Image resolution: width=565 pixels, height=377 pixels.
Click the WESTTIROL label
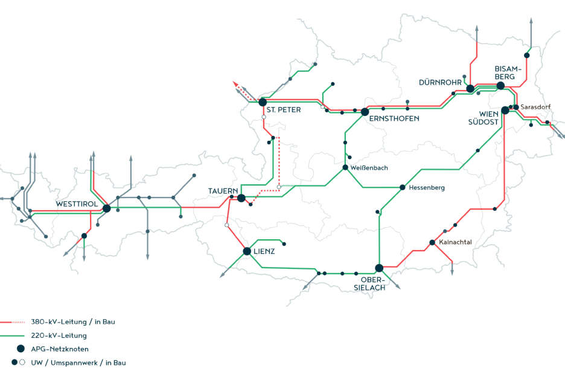[77, 204]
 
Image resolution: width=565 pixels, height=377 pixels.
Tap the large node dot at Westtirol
[106, 208]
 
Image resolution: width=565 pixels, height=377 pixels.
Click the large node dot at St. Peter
[263, 102]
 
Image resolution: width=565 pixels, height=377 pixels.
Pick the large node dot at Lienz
[247, 251]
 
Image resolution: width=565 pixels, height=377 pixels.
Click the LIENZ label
[264, 251]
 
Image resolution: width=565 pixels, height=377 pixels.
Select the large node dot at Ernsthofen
[365, 112]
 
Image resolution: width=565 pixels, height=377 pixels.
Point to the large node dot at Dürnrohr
[470, 89]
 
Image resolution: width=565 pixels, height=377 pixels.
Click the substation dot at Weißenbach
[345, 167]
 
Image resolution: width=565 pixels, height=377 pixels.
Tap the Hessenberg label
[426, 188]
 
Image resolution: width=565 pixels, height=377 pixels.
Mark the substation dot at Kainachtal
[432, 243]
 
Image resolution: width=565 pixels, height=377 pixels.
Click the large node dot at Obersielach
[379, 268]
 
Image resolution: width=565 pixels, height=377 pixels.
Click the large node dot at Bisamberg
[500, 86]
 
